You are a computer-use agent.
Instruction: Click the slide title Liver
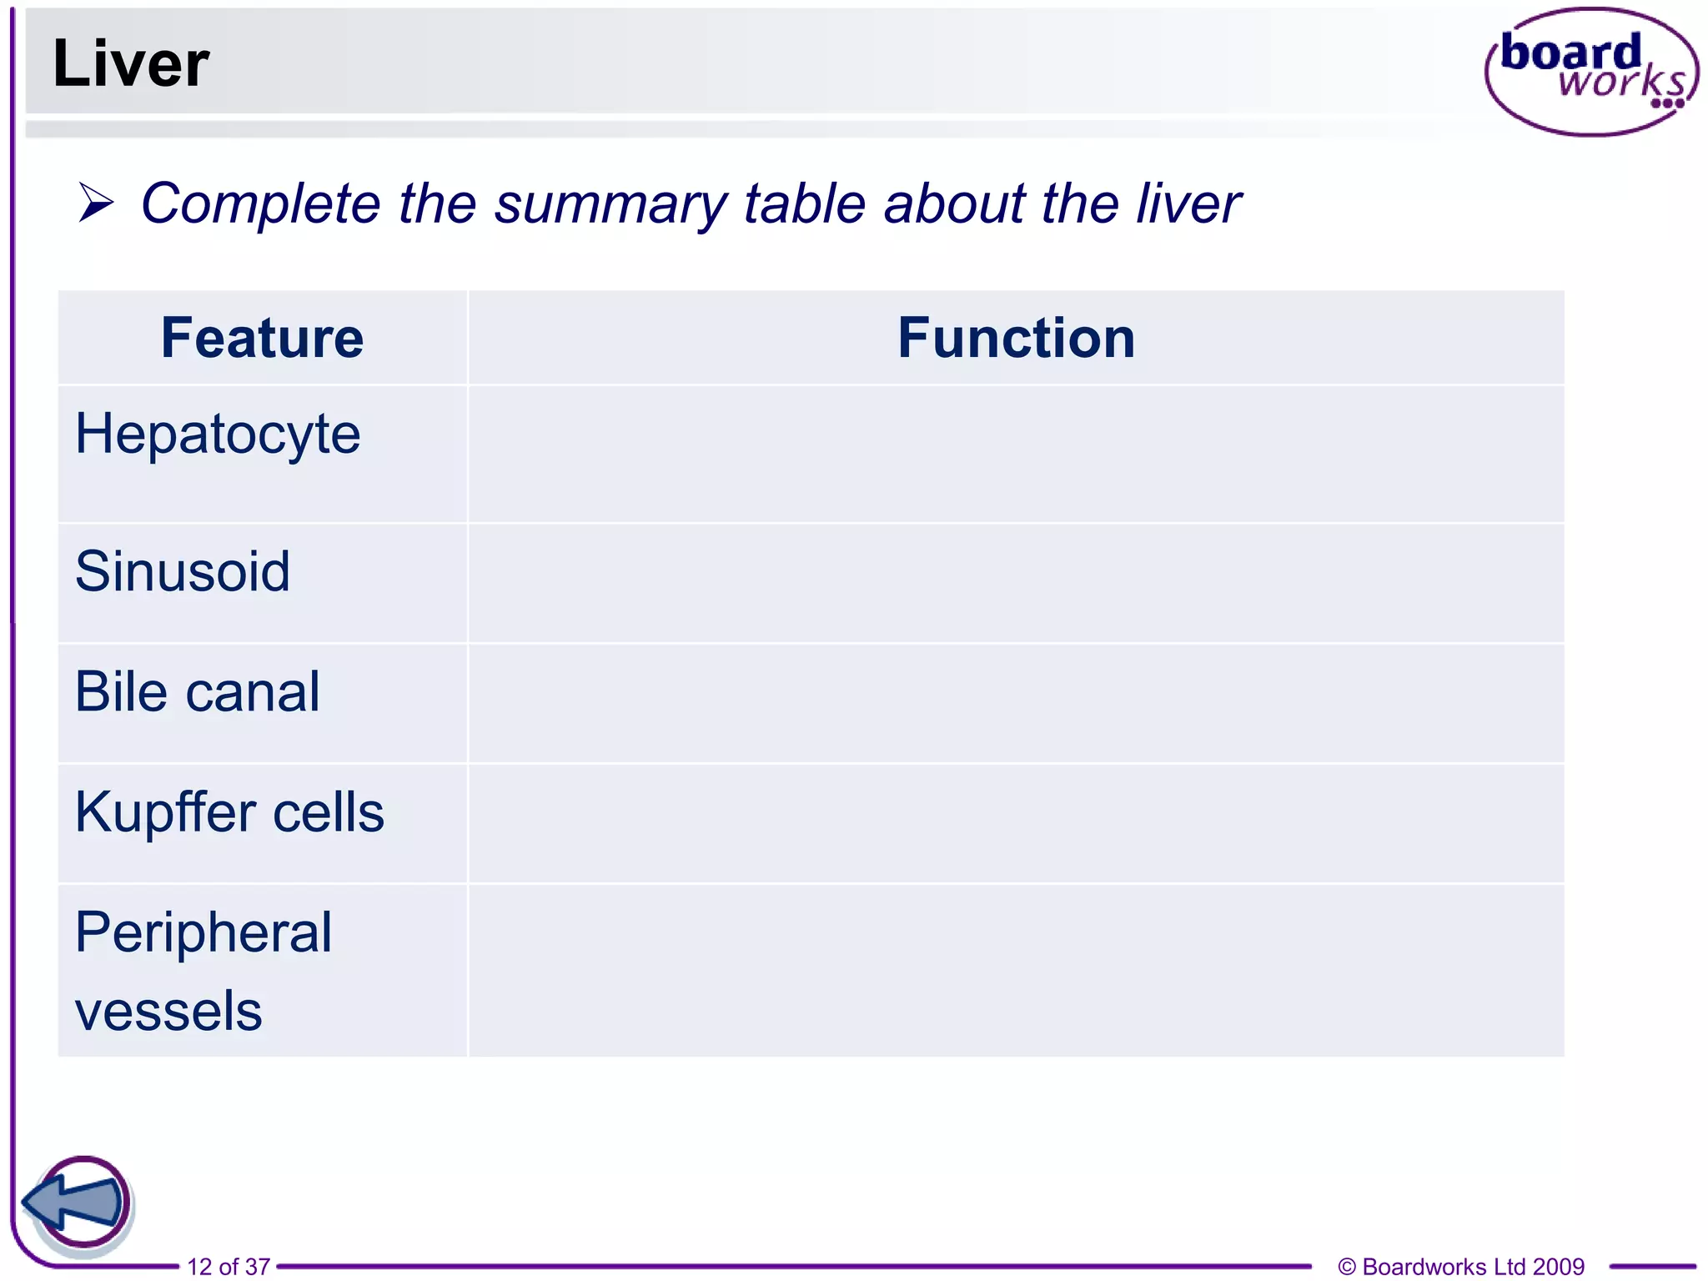tap(130, 64)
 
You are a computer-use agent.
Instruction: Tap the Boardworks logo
tap(1591, 72)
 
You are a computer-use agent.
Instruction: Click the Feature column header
tap(262, 338)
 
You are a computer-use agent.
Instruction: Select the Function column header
tap(1016, 338)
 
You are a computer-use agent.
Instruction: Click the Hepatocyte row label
tap(218, 435)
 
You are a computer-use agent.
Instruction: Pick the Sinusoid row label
tap(183, 571)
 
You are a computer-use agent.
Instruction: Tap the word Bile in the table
tap(121, 691)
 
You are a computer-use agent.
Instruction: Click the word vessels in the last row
tap(168, 1011)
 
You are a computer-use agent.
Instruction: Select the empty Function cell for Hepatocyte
tap(1016, 454)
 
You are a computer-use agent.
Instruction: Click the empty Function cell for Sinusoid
tap(1016, 583)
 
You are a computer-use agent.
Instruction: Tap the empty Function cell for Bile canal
tap(1016, 703)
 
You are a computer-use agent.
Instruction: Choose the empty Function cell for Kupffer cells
tap(1016, 823)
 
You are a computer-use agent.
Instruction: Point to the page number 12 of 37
tap(229, 1266)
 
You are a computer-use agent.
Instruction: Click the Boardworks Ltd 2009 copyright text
tap(1460, 1266)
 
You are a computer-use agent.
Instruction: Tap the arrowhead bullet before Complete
tap(96, 203)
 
